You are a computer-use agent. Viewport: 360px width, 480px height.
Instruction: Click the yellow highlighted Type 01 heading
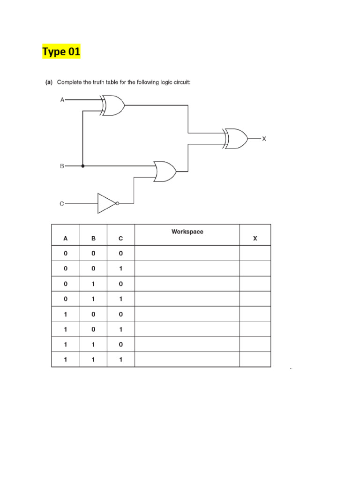click(61, 52)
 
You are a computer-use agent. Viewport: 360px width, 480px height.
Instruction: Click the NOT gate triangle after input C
click(106, 203)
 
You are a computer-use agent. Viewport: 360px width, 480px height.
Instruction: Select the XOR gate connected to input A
click(113, 106)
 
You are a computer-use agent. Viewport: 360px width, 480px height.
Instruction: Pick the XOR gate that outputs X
click(237, 138)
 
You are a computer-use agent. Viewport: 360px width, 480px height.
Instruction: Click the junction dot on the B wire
click(83, 166)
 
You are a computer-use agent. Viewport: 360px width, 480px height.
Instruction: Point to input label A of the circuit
click(62, 100)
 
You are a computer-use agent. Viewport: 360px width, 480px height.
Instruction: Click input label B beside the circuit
click(62, 166)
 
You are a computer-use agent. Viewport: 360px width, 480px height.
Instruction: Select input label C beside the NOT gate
click(62, 203)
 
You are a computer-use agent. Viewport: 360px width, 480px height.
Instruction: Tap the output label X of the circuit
click(264, 139)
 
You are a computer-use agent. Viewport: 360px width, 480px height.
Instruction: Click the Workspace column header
click(187, 232)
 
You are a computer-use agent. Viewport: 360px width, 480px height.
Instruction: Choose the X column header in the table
click(255, 238)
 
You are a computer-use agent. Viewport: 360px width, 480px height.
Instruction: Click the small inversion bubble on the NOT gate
click(117, 203)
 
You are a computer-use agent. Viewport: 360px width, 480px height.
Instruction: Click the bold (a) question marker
click(48, 82)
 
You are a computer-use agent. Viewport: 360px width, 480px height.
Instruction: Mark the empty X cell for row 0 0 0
click(255, 253)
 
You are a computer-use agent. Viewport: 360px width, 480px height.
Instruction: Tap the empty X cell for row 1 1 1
click(255, 360)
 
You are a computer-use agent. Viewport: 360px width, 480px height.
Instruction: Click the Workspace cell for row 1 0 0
click(187, 314)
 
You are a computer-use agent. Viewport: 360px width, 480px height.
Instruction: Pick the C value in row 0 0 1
click(120, 269)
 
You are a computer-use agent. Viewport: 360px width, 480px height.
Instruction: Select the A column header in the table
click(66, 238)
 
